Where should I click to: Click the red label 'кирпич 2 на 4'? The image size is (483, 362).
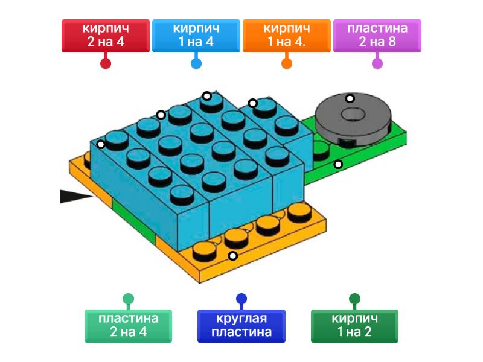tap(106, 35)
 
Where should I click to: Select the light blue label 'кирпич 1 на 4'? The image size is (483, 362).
tap(196, 35)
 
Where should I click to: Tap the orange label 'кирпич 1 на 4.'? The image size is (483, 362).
tap(287, 35)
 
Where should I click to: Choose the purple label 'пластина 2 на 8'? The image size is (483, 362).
tap(377, 35)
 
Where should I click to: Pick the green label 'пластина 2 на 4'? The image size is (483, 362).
tap(128, 325)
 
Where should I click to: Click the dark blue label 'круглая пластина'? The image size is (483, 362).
tap(241, 325)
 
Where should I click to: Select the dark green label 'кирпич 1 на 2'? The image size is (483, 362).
tap(354, 325)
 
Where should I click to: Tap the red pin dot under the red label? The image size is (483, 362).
tap(106, 63)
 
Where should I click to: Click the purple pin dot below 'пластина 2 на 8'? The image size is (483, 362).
tap(377, 63)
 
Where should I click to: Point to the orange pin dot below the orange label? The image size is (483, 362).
tap(287, 63)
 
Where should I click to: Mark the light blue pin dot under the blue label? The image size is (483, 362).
tap(196, 63)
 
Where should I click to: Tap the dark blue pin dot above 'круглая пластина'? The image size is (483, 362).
tap(241, 298)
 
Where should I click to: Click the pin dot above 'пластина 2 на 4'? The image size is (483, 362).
tap(128, 298)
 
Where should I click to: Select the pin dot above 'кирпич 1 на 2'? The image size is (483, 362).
tap(354, 298)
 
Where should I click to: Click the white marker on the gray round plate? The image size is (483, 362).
tap(349, 98)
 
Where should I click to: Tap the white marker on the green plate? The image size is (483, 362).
tap(338, 164)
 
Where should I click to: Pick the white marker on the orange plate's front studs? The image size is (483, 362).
tap(232, 256)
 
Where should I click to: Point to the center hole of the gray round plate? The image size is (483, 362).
tap(350, 114)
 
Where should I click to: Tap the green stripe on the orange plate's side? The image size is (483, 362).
tap(134, 220)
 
